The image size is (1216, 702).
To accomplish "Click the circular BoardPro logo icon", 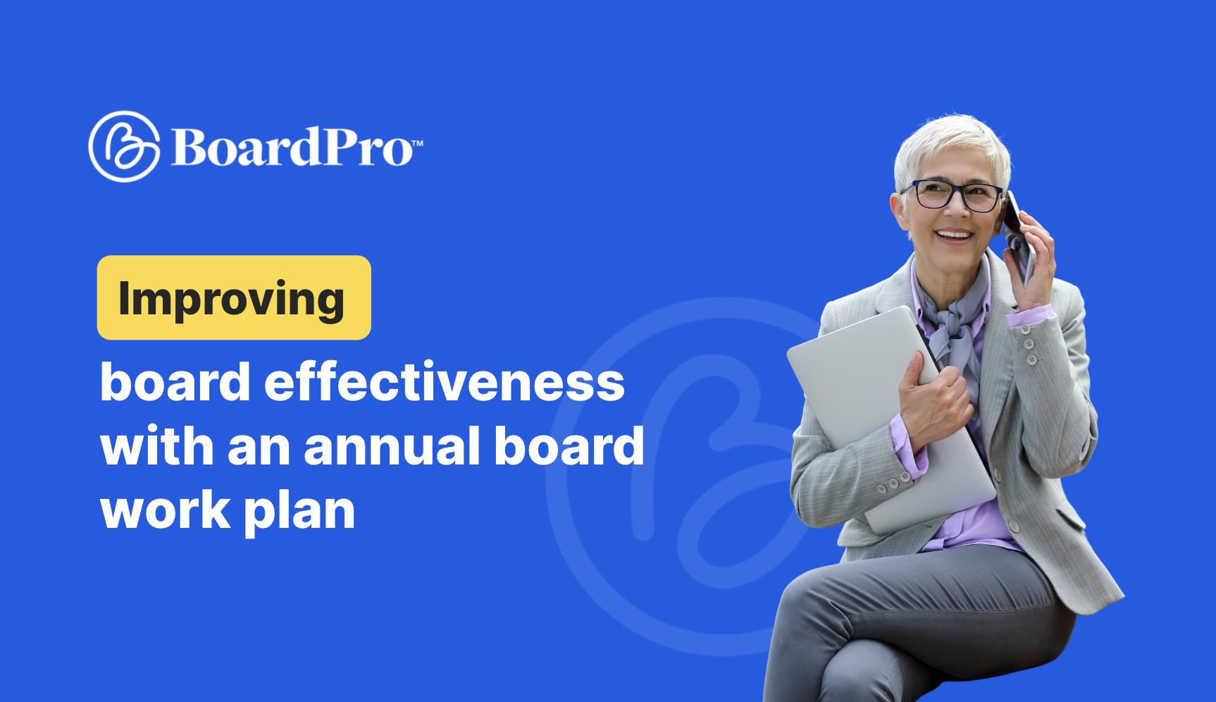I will [x=124, y=146].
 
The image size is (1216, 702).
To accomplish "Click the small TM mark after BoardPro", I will [x=417, y=143].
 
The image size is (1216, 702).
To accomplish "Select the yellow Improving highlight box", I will [x=234, y=297].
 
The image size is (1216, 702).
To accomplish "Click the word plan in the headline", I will [x=299, y=512].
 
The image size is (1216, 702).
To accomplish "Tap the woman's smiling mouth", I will [x=954, y=235].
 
